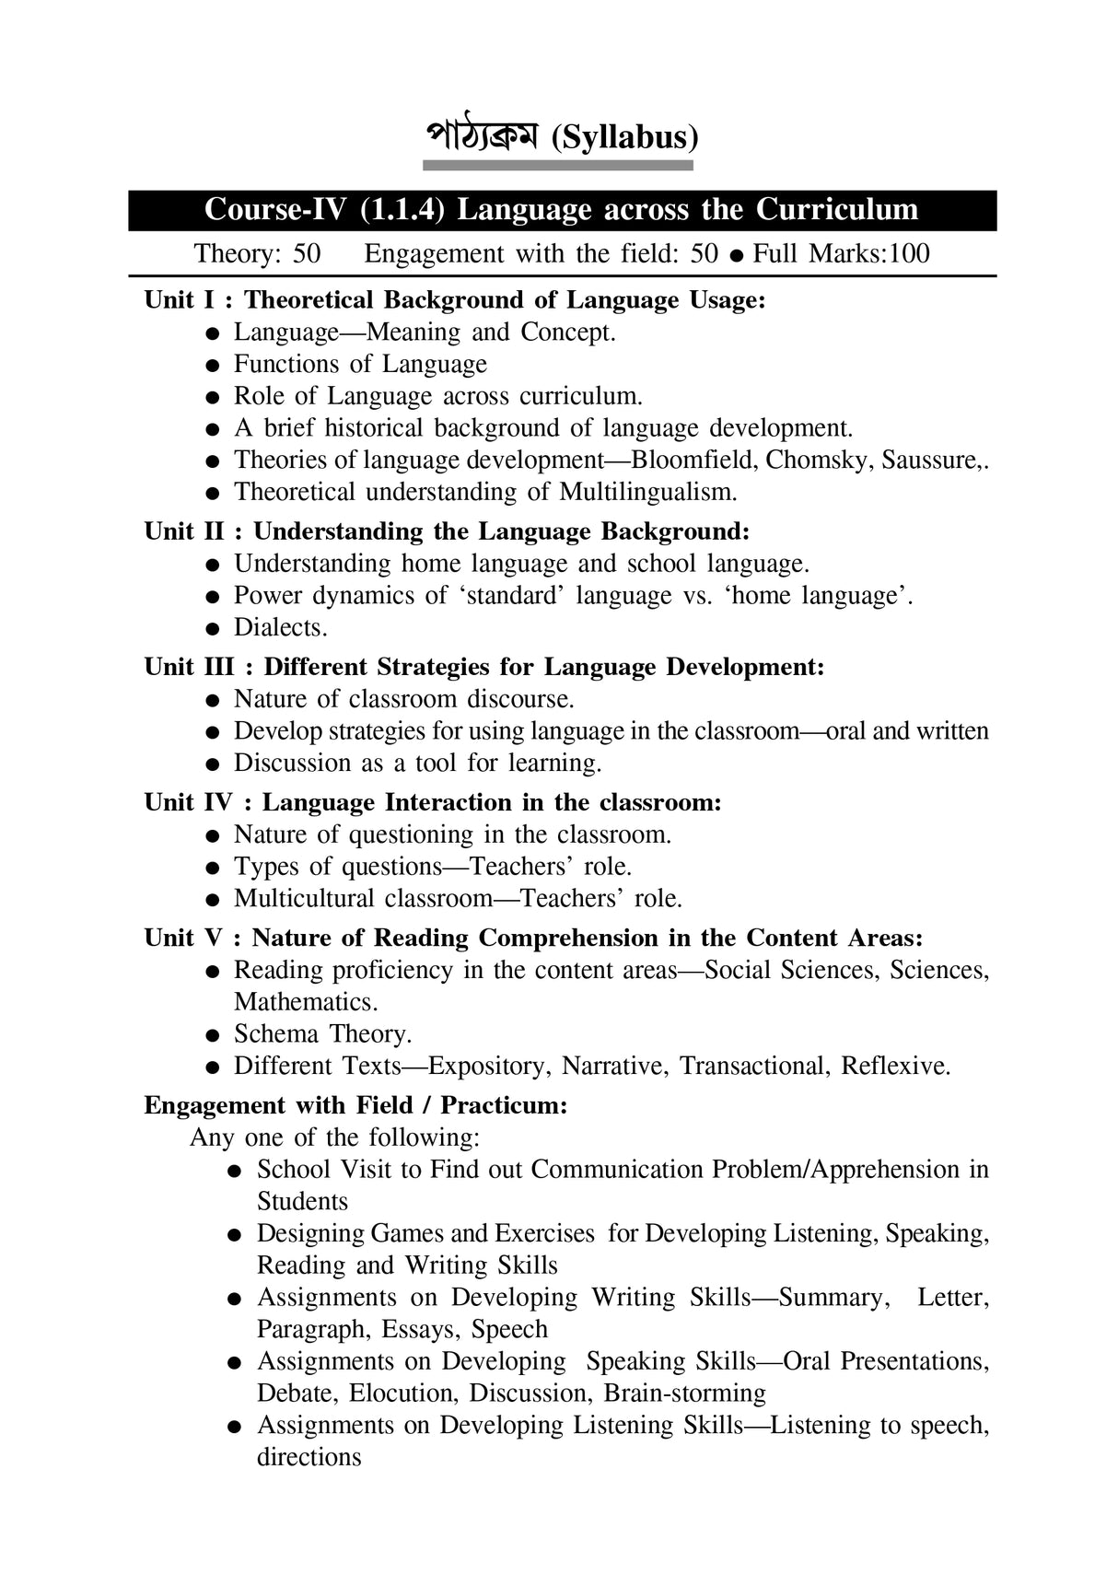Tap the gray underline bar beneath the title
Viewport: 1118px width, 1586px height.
[557, 165]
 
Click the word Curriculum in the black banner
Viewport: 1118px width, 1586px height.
[837, 209]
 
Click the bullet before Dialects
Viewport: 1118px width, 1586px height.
[213, 629]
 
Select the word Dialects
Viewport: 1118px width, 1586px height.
[280, 627]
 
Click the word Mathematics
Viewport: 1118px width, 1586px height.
[305, 1002]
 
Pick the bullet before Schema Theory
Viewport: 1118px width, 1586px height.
[213, 1035]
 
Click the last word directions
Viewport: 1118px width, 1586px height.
[309, 1457]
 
